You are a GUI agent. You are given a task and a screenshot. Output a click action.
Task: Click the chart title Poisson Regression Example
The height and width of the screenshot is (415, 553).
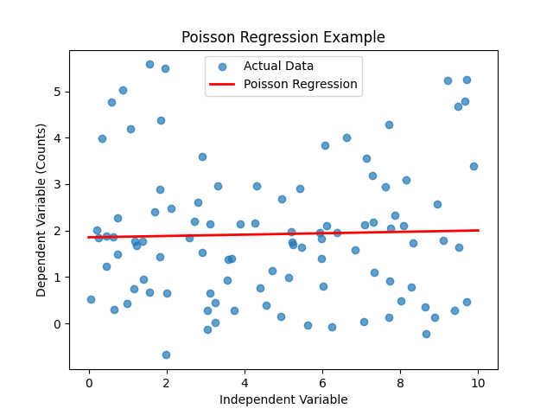pos(283,37)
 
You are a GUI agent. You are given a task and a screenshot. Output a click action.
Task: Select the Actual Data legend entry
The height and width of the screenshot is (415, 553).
pos(278,66)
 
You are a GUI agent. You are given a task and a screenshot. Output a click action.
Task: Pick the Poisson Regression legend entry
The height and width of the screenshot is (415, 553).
pos(300,84)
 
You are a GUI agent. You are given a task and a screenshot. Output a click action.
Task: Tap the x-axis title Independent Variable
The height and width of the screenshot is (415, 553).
pos(283,399)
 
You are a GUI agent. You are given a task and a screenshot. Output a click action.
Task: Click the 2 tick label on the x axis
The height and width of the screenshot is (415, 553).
pos(167,381)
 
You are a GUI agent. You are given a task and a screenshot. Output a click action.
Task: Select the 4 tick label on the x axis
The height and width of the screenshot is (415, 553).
pos(245,381)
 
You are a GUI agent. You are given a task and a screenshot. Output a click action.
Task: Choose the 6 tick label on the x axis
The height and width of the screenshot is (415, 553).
pos(322,381)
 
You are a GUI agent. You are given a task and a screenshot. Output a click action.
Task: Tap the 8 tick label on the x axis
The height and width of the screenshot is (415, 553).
pos(400,381)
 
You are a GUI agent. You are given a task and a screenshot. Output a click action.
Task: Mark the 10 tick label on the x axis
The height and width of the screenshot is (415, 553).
pos(478,381)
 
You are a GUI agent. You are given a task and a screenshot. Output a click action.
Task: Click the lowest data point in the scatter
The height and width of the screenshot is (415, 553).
pos(166,354)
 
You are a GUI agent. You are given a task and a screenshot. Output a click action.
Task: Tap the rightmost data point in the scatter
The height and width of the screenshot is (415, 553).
pos(474,166)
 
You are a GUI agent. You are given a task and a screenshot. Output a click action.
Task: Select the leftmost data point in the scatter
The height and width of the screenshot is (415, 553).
pos(91,299)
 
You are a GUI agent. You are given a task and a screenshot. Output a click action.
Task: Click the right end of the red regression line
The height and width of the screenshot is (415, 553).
pos(478,230)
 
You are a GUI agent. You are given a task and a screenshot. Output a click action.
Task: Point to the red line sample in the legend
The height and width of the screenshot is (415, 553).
pos(222,84)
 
